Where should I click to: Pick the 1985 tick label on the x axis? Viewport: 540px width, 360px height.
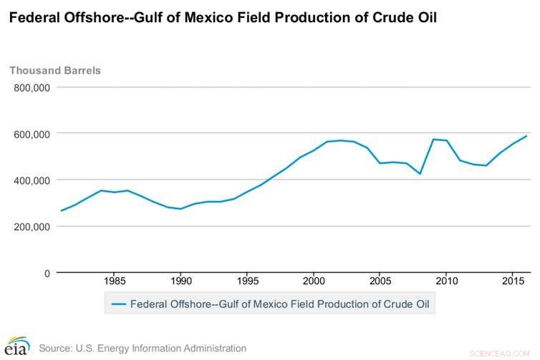pyautogui.click(x=115, y=281)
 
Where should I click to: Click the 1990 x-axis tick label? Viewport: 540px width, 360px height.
pyautogui.click(x=180, y=281)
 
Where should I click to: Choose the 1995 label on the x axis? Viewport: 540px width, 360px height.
pyautogui.click(x=247, y=281)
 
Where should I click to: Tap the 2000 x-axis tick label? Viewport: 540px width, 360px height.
pyautogui.click(x=314, y=281)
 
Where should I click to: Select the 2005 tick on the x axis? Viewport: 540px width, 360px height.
pyautogui.click(x=380, y=281)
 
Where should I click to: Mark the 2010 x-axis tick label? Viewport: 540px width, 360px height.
pyautogui.click(x=446, y=281)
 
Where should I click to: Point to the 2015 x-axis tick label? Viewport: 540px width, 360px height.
pyautogui.click(x=512, y=281)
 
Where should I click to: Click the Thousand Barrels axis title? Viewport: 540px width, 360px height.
pyautogui.click(x=55, y=70)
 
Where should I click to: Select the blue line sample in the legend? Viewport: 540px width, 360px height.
pyautogui.click(x=119, y=304)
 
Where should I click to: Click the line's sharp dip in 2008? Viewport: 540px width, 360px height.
pyautogui.click(x=420, y=174)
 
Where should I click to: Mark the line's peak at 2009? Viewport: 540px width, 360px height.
pyautogui.click(x=433, y=139)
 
